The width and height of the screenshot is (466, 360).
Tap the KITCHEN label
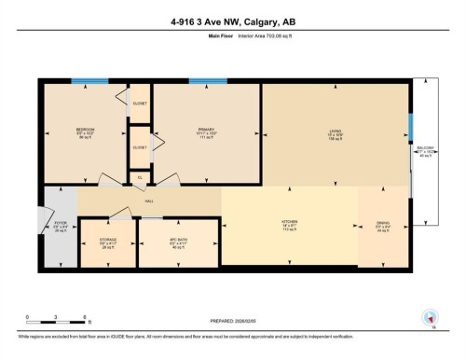tap(288, 224)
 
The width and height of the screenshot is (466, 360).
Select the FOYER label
tap(61, 225)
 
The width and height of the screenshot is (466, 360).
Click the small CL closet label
tap(140, 176)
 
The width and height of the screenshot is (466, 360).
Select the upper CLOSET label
tap(140, 104)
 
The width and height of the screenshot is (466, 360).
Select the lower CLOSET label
tap(140, 147)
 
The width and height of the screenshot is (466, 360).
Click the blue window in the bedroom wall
tap(90, 81)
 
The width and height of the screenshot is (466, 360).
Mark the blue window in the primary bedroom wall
tap(208, 81)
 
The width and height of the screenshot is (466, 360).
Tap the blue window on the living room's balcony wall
tap(410, 127)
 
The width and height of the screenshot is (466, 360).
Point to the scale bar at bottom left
tap(56, 312)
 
